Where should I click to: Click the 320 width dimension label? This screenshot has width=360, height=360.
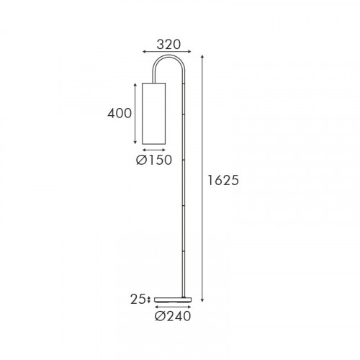click(x=168, y=45)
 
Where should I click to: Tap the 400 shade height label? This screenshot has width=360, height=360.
click(x=120, y=113)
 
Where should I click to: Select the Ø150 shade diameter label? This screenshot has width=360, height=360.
click(x=154, y=160)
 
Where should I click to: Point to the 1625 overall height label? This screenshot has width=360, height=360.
click(x=223, y=180)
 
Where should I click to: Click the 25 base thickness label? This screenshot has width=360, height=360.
click(x=138, y=300)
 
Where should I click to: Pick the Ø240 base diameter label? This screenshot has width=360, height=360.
click(x=173, y=316)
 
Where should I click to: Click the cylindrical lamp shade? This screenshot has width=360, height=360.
click(x=154, y=114)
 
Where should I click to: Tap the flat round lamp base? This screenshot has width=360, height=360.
click(x=173, y=300)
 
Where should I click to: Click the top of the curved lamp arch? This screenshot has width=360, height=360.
click(x=169, y=56)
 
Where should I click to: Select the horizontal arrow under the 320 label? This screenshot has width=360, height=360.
click(x=167, y=51)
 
